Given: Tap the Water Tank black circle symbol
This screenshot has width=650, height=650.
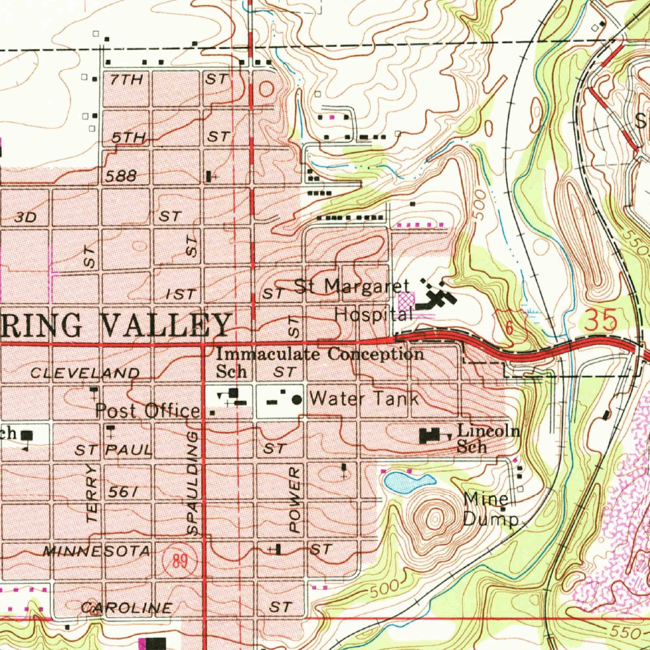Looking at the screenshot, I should [296, 400].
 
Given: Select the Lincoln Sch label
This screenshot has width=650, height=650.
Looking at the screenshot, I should [487, 439].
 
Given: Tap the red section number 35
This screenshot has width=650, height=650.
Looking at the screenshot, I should [600, 321].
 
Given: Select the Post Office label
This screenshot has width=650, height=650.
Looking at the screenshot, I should [147, 411].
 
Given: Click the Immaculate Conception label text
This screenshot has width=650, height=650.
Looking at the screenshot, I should [320, 354].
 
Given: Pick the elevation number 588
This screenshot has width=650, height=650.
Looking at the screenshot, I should [122, 176].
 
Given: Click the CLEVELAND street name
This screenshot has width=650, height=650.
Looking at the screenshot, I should [85, 373].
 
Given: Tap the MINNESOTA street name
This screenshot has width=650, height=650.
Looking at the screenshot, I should [96, 551].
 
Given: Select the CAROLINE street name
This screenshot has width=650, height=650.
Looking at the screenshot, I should [126, 607].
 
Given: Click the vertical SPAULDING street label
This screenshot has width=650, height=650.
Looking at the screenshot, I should [193, 482].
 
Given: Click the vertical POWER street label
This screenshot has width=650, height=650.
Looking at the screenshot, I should [294, 500].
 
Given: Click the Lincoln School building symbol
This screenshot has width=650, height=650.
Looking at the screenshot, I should [430, 435].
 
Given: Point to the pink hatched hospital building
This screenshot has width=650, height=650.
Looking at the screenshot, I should [405, 301].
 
